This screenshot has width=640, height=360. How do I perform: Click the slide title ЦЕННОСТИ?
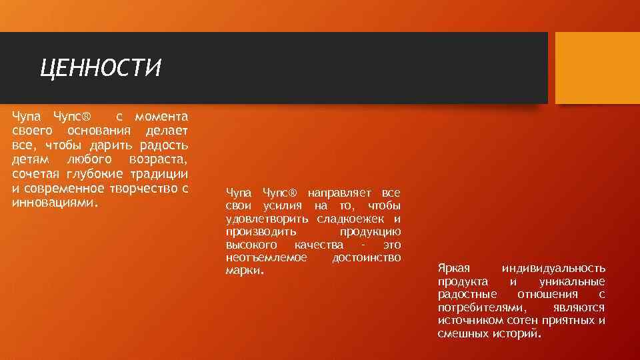click(101, 68)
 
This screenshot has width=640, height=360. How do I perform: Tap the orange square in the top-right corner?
click(597, 68)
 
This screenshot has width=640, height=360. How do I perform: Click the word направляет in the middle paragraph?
click(337, 193)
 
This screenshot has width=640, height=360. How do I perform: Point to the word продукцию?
click(369, 232)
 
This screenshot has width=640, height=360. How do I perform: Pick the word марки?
click(244, 271)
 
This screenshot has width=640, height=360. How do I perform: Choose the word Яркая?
click(454, 268)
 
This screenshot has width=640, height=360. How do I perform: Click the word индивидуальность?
click(553, 268)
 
